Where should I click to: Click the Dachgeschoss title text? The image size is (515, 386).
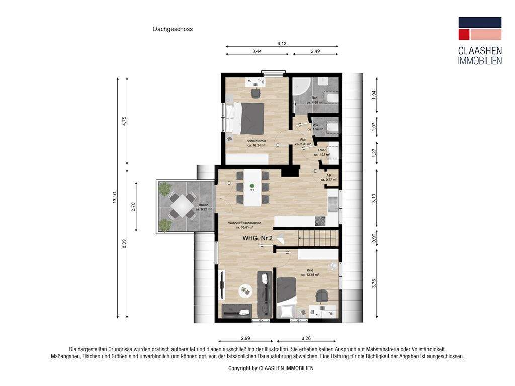click(x=173, y=29)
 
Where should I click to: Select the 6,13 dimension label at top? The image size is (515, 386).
click(x=282, y=44)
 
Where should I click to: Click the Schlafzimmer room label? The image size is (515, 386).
click(x=256, y=142)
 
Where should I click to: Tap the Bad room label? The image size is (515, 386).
click(x=315, y=98)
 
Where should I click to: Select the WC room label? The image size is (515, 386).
click(x=315, y=125)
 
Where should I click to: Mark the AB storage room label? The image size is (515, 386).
click(x=329, y=176)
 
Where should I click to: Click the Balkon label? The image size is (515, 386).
click(x=204, y=205)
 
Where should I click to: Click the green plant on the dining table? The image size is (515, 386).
click(x=252, y=187)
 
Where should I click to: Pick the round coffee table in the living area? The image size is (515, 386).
click(x=245, y=290)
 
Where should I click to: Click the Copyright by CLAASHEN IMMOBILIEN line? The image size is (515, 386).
click(x=271, y=368)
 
